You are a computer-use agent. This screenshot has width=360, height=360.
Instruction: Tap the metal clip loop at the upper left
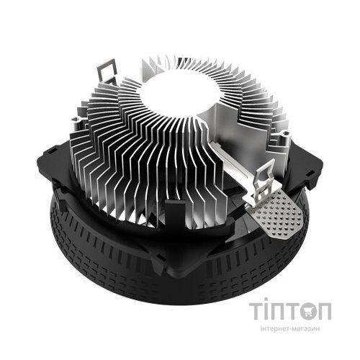click(x=105, y=69)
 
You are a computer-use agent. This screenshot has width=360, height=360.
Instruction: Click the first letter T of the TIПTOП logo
click(x=257, y=311)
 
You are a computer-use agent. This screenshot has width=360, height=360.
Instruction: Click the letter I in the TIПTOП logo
click(x=269, y=311)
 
